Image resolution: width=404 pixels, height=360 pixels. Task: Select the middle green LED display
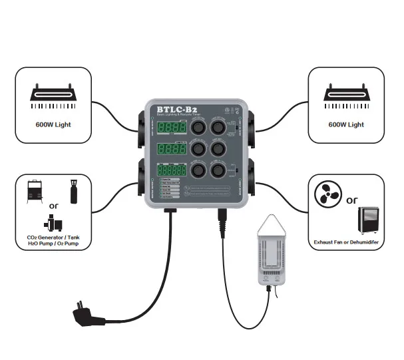pyautogui.click(x=170, y=149)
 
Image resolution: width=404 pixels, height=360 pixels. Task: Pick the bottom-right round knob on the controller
pyautogui.click(x=218, y=170)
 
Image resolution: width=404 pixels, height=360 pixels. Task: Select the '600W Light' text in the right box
pyautogui.click(x=346, y=124)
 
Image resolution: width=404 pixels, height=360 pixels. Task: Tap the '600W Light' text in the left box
pyautogui.click(x=54, y=124)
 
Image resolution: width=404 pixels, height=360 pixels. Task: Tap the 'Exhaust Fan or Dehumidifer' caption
pyautogui.click(x=346, y=244)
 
